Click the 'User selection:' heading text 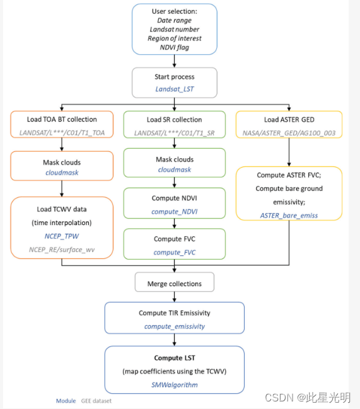[175, 12]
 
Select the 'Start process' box [175, 83]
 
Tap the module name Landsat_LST [175, 89]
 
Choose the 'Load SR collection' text [174, 120]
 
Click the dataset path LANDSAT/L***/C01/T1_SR [174, 132]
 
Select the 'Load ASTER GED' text [288, 120]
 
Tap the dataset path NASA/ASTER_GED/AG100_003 [288, 133]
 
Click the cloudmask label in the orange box [61, 172]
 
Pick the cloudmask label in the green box [175, 170]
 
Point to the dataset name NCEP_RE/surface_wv [61, 250]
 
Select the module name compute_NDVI [175, 211]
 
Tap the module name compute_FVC [175, 252]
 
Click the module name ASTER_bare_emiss [289, 215]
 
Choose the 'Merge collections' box [174, 283]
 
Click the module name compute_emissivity [175, 326]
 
